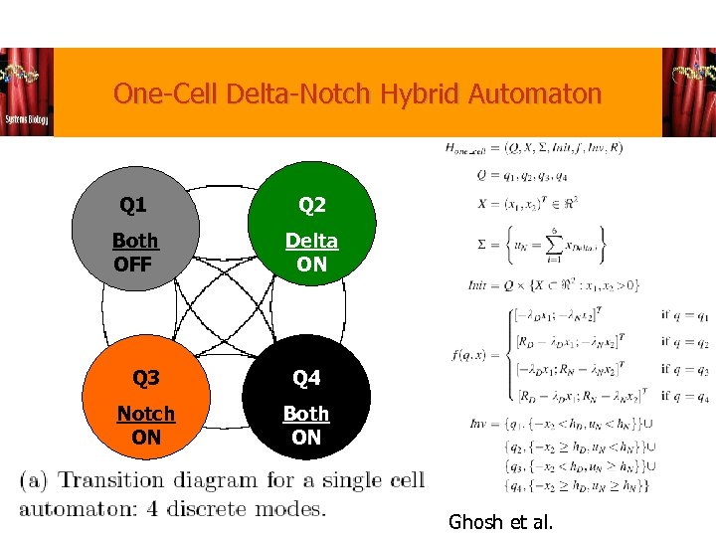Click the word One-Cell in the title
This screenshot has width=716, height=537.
[x=166, y=94]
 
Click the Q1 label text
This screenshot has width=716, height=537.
[x=133, y=206]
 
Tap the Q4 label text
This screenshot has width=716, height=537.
[x=306, y=379]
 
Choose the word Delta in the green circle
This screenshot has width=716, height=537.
[x=311, y=241]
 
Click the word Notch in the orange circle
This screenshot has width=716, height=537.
[x=145, y=414]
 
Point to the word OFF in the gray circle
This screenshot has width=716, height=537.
[x=133, y=265]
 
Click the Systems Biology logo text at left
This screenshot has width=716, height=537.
[x=25, y=118]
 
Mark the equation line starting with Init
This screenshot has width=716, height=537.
[x=555, y=285]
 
